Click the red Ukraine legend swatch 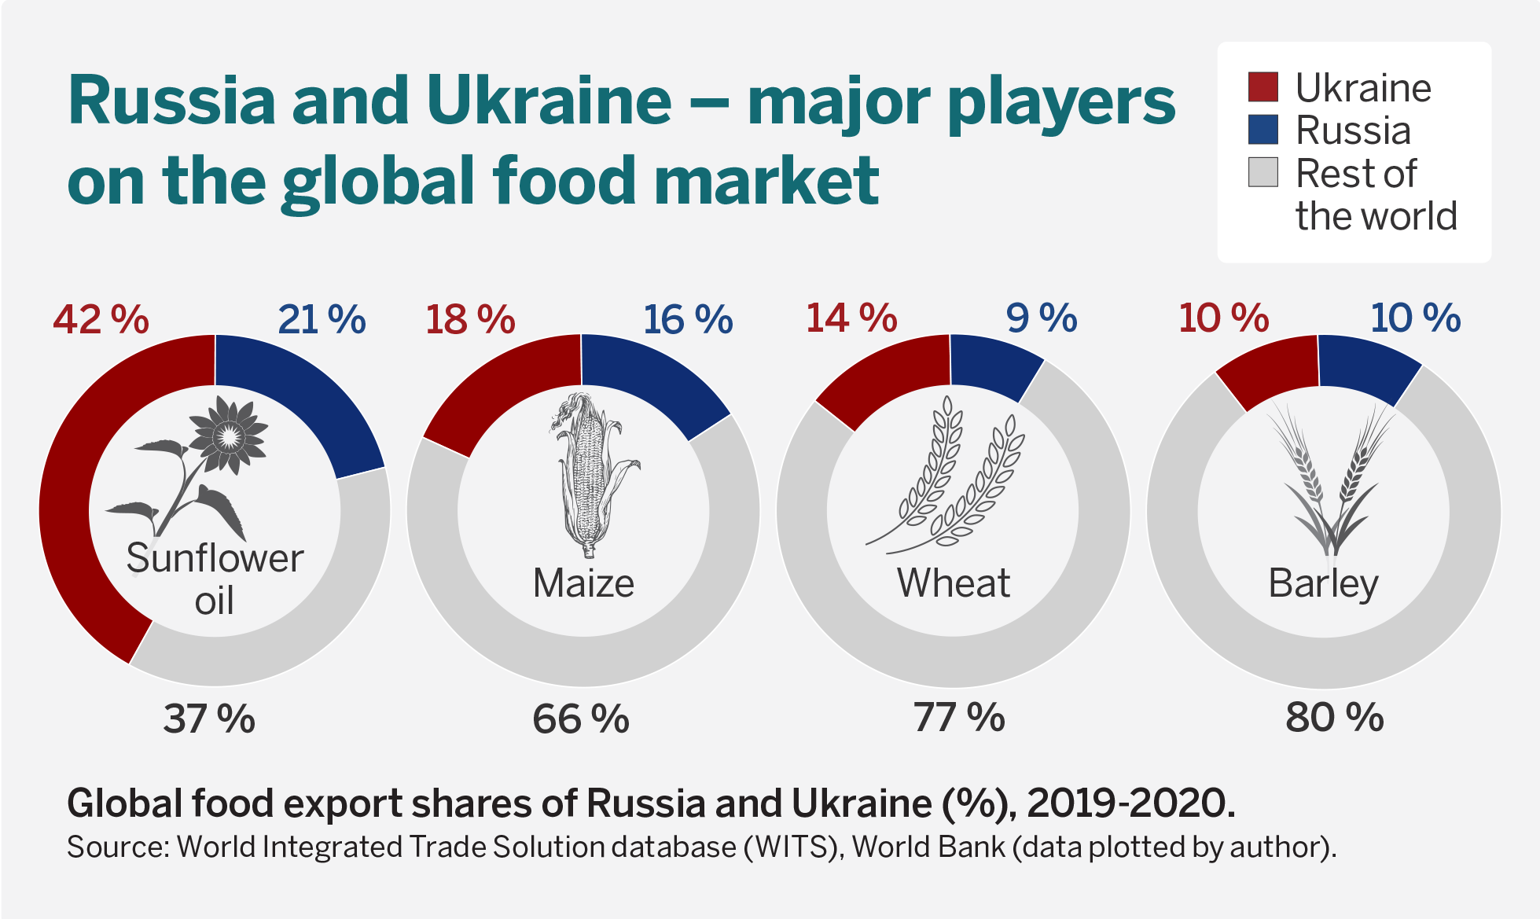pos(1263,87)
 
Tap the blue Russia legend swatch pos(1263,130)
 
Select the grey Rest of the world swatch pos(1263,172)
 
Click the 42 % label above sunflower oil pos(101,320)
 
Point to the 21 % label pos(322,320)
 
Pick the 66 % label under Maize pos(581,719)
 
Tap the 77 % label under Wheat pos(958,717)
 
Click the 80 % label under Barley pos(1334,717)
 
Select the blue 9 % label pos(1041,318)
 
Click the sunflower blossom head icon pos(229,435)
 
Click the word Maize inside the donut pos(583,583)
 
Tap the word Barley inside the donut pos(1323,583)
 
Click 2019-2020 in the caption pos(1130,803)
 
